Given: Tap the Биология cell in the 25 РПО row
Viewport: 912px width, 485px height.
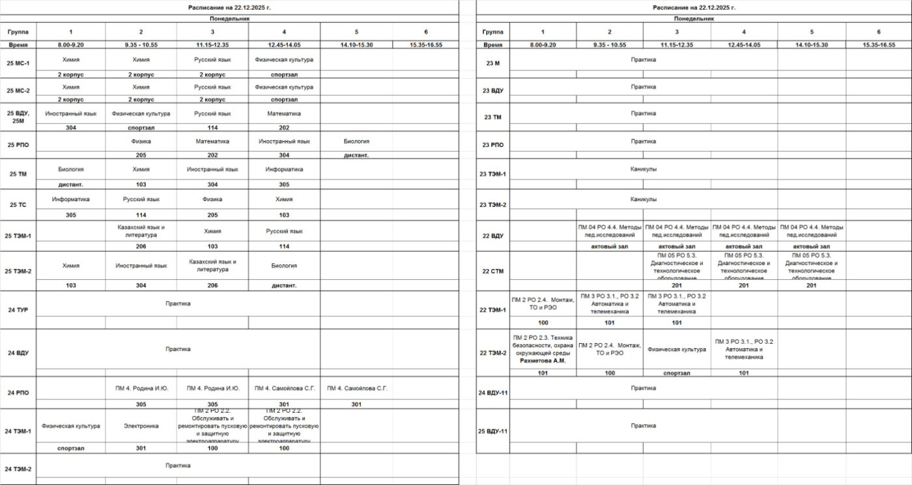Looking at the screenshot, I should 356,141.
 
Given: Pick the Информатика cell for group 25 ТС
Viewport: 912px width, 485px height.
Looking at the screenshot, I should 70,199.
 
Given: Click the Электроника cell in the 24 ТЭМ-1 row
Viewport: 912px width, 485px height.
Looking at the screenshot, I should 141,426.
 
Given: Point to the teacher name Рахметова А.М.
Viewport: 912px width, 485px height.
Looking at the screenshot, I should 543,360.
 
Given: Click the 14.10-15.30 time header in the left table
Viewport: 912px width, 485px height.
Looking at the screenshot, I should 356,44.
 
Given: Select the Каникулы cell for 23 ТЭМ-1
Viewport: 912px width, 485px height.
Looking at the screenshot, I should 643,169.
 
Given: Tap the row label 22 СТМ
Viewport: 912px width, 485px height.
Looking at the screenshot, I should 492,271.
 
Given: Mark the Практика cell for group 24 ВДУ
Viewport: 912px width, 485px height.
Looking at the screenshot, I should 178,349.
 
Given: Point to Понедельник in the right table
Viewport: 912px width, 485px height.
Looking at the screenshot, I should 694,19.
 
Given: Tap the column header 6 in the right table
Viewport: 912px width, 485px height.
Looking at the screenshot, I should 878,31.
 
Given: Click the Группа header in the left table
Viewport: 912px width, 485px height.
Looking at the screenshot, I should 18,31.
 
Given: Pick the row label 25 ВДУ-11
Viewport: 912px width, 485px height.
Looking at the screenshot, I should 492,431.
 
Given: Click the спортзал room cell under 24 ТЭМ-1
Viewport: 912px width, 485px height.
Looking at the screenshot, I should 70,448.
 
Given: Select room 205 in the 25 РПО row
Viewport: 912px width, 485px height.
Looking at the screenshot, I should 141,155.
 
